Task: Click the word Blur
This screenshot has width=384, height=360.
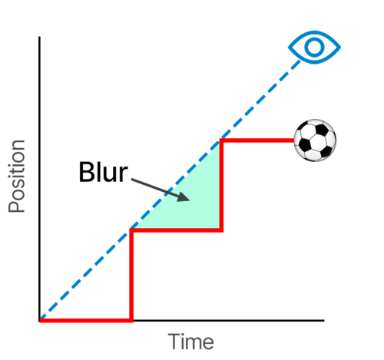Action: tap(103, 172)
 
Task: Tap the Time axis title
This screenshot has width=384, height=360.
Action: tap(190, 342)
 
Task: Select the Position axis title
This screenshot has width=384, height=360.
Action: tap(16, 176)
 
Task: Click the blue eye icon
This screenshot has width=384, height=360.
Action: tap(314, 48)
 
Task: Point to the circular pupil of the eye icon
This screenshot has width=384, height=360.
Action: tap(314, 48)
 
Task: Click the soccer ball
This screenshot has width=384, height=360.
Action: tap(315, 140)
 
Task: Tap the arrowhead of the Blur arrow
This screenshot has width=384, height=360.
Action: tap(184, 197)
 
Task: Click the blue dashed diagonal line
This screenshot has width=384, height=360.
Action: tap(170, 189)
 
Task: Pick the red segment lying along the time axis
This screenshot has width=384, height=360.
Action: tap(86, 320)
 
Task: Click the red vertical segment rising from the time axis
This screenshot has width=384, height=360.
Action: tap(131, 275)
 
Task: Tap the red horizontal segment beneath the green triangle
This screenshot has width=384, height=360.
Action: tap(176, 230)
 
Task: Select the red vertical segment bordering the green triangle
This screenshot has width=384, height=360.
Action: tap(221, 185)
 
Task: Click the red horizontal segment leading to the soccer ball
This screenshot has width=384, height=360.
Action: tap(257, 140)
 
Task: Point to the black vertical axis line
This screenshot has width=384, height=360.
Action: tap(39, 179)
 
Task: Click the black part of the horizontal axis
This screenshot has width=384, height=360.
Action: tap(229, 320)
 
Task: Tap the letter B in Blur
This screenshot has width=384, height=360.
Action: tap(86, 172)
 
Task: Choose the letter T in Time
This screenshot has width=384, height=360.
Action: tap(174, 342)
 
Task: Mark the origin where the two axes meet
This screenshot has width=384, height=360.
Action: tap(40, 320)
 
